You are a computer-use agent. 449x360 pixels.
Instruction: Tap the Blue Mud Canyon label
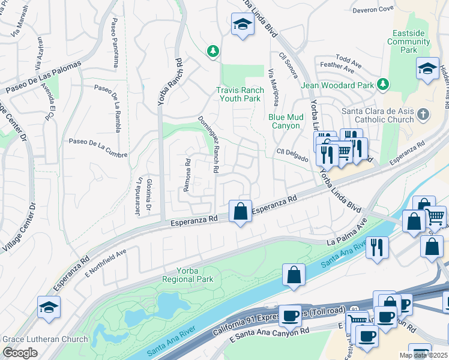[284, 121]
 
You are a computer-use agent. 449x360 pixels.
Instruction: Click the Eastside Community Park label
[409, 41]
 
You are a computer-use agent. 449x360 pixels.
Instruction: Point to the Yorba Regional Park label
[187, 275]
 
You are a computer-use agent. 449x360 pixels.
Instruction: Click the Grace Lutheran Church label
[45, 339]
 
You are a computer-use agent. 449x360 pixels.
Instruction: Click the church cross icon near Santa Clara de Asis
[424, 114]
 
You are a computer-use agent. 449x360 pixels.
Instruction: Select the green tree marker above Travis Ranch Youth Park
[212, 52]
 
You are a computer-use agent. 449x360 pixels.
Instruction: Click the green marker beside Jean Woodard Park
[382, 86]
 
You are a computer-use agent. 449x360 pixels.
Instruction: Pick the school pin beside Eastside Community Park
[428, 69]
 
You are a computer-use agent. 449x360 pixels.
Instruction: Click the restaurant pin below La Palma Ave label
[377, 246]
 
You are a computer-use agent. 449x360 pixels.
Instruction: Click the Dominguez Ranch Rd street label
[208, 143]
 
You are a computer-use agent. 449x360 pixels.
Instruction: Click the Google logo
[20, 353]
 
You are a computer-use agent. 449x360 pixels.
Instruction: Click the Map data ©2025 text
[423, 355]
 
